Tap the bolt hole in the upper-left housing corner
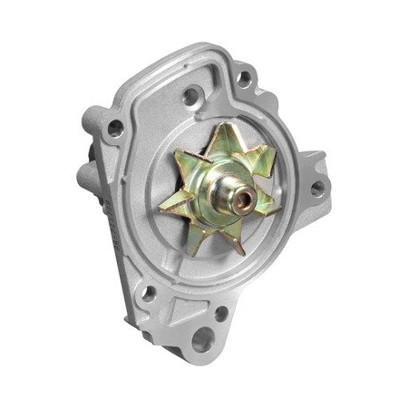[115, 128]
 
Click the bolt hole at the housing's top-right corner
[244, 79]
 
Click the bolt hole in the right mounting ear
[317, 189]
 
